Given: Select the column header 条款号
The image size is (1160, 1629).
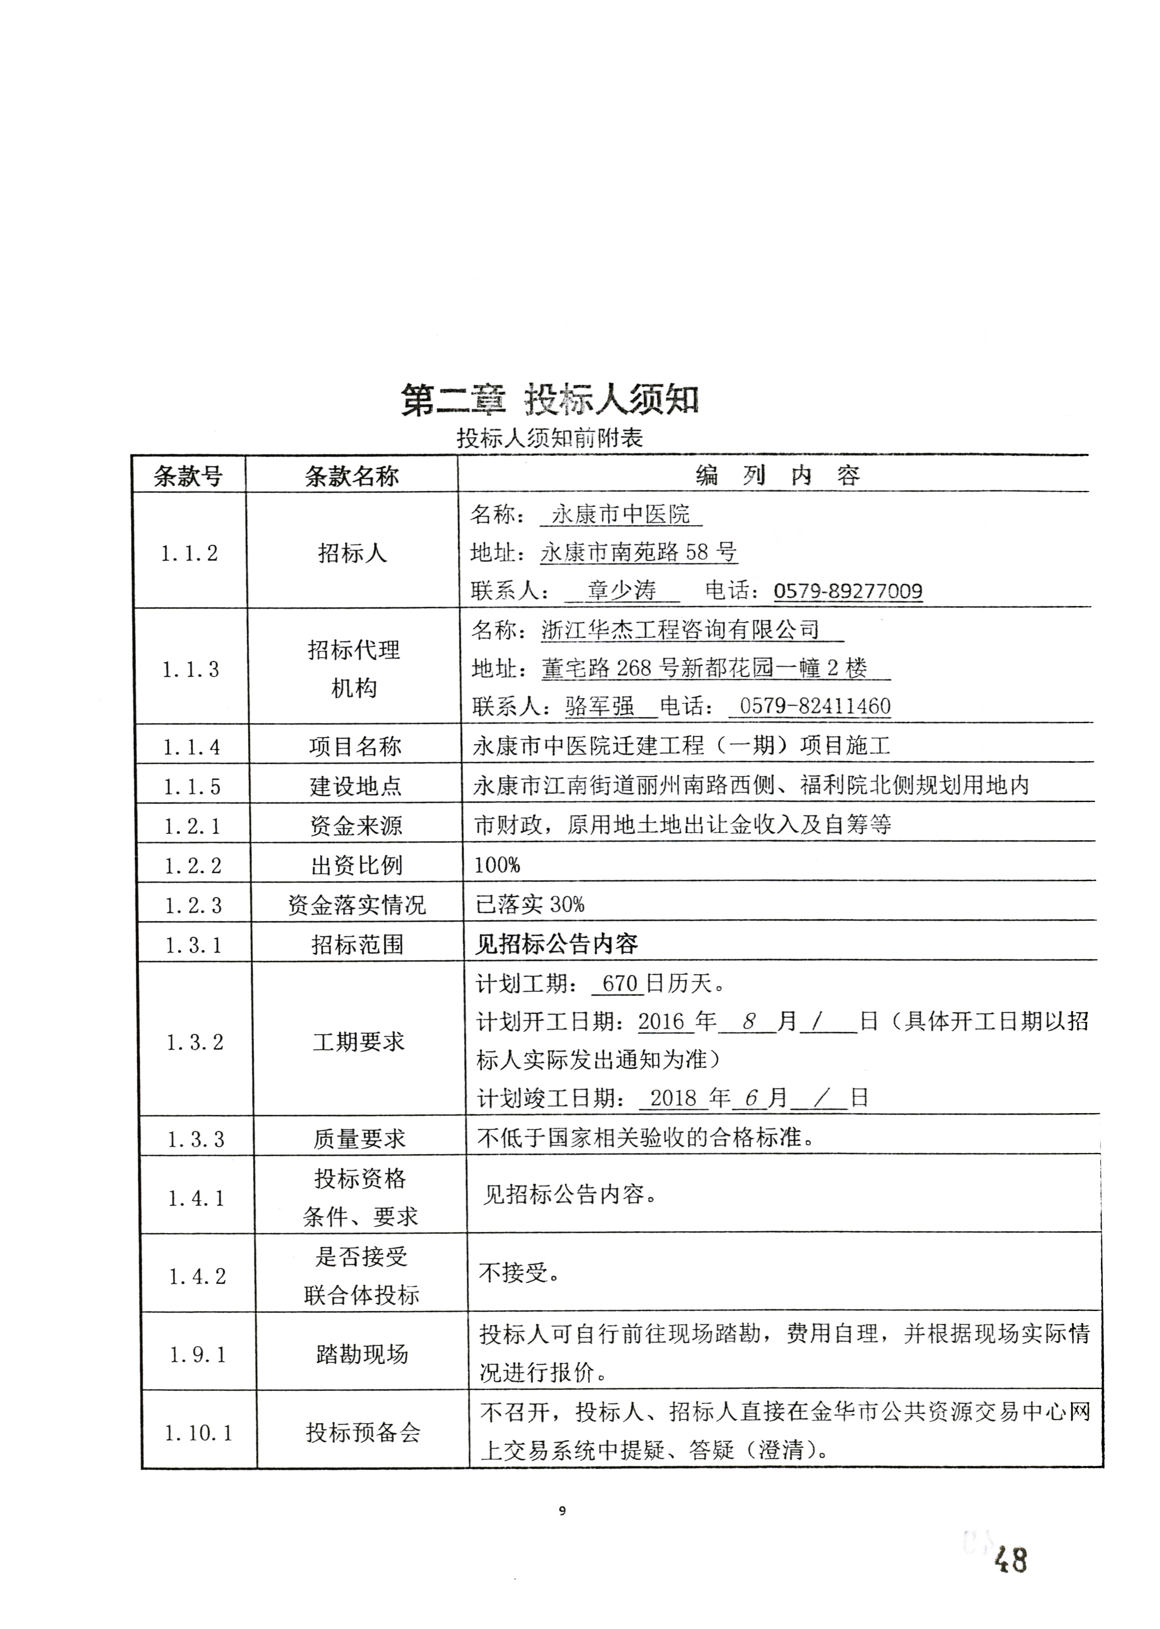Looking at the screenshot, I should click(188, 476).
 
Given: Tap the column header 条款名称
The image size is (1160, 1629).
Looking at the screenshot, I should click(352, 476).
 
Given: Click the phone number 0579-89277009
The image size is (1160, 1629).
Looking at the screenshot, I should click(848, 591).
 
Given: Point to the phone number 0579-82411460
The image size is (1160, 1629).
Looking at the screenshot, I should click(815, 707).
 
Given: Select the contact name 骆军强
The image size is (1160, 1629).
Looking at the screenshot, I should click(599, 707).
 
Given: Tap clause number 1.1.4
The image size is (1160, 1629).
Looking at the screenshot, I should click(191, 747).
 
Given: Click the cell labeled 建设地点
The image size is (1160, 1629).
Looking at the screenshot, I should click(356, 786).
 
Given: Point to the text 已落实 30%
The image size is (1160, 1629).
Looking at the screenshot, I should click(530, 905).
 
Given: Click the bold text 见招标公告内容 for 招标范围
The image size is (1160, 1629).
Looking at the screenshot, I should click(556, 944).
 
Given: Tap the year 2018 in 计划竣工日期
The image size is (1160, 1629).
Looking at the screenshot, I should click(673, 1098).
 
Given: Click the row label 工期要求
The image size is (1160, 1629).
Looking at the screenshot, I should click(359, 1042).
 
